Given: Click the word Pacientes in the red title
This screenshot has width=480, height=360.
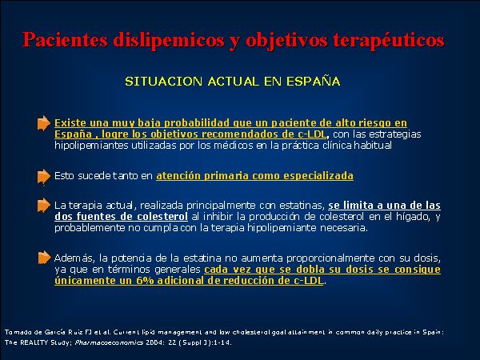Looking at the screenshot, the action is pyautogui.click(x=65, y=40).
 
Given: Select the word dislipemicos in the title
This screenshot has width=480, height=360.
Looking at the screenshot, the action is pyautogui.click(x=169, y=41).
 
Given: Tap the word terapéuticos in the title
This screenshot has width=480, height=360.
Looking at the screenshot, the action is pyautogui.click(x=389, y=41).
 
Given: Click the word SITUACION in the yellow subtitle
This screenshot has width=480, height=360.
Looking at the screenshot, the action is pyautogui.click(x=163, y=82).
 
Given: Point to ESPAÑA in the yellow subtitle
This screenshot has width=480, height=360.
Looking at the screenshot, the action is pyautogui.click(x=313, y=81).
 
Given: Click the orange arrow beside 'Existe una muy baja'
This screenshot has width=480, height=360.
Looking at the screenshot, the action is pyautogui.click(x=44, y=123).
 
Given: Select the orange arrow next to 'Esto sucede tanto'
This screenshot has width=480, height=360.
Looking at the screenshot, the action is pyautogui.click(x=44, y=177).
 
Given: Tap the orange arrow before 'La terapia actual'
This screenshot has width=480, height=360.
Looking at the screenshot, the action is pyautogui.click(x=44, y=205).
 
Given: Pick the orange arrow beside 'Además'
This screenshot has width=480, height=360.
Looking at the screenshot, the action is pyautogui.click(x=44, y=258).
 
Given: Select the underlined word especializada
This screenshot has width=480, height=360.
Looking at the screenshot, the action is pyautogui.click(x=318, y=176).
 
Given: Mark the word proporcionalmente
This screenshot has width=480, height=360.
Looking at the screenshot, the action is pyautogui.click(x=330, y=258).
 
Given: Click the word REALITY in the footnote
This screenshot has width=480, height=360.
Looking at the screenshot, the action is pyautogui.click(x=33, y=342).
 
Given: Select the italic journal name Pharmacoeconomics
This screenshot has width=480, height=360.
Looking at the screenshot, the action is pyautogui.click(x=109, y=342).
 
